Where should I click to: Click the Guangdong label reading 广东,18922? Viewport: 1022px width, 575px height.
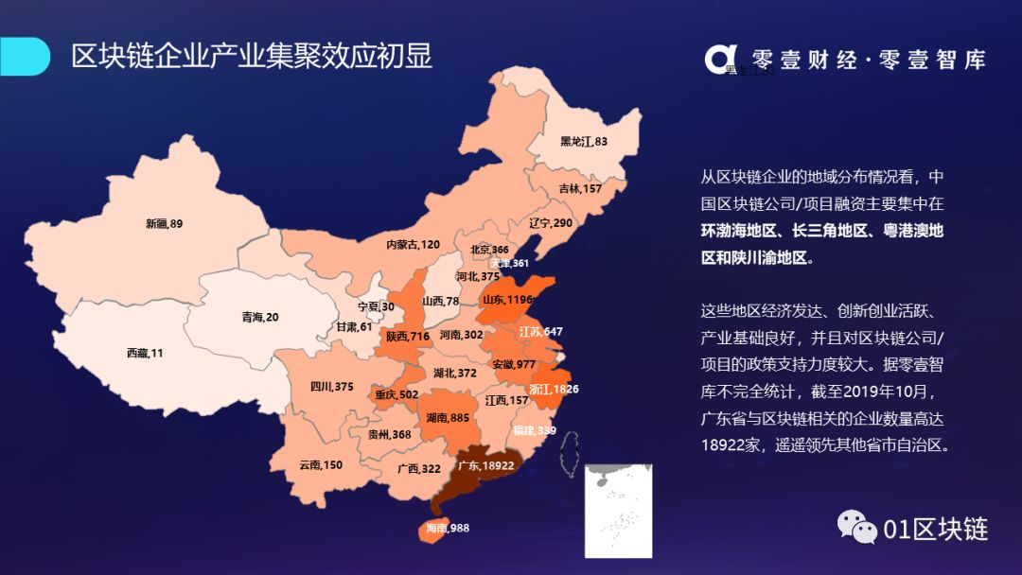pos(485,465)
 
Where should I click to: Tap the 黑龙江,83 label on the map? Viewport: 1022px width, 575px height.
pos(583,142)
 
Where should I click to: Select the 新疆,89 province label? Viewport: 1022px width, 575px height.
pos(164,224)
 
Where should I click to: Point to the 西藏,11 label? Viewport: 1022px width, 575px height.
pos(145,353)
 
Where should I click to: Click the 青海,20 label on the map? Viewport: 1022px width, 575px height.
pos(260,317)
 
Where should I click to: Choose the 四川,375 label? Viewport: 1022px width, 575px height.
pos(331,386)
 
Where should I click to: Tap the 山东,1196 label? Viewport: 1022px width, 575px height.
pos(508,300)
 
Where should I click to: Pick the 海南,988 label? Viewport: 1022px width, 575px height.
pos(448,528)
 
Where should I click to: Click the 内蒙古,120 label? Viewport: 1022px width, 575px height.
pos(413,244)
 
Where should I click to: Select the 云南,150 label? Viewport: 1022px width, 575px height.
pos(321,464)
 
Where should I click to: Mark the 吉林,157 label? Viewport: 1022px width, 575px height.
pos(580,188)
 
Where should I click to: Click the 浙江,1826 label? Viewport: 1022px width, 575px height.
pos(554,389)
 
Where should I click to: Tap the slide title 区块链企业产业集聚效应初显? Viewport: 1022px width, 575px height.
pos(252,56)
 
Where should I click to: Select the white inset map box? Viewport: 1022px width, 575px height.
pos(620,511)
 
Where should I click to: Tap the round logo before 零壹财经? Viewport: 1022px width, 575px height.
pos(720,58)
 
